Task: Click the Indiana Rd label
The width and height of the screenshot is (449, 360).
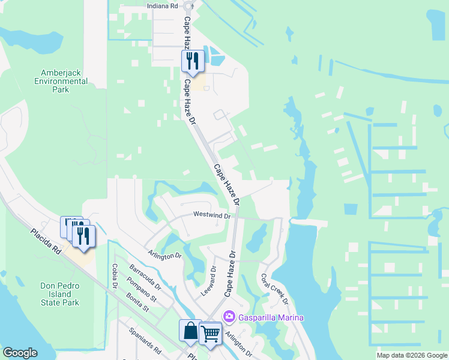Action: pyautogui.click(x=163, y=5)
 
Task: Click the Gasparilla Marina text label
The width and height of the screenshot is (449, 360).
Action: pyautogui.click(x=270, y=317)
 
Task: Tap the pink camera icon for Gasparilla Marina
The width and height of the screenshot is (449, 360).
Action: pyautogui.click(x=229, y=317)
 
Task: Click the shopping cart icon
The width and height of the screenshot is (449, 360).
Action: pyautogui.click(x=210, y=333)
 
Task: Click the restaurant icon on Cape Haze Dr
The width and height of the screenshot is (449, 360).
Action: pyautogui.click(x=193, y=61)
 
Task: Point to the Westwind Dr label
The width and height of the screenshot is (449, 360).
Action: pyautogui.click(x=212, y=215)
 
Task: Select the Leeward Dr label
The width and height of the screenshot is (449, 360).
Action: pyautogui.click(x=212, y=277)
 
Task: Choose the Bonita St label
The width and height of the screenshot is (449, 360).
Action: pyautogui.click(x=137, y=302)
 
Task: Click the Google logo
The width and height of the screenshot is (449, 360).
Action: pyautogui.click(x=20, y=353)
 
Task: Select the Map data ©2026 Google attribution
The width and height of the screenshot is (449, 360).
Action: pyautogui.click(x=411, y=355)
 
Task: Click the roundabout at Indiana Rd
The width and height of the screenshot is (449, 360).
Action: pyautogui.click(x=188, y=6)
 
